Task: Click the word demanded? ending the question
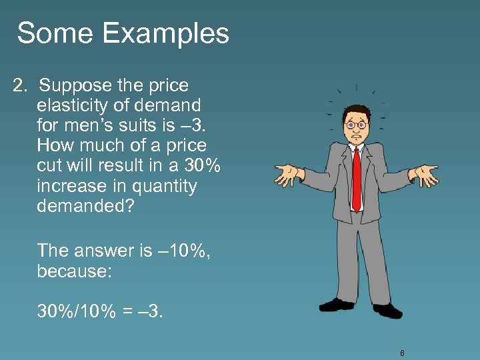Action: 85,206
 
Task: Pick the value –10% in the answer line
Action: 183,250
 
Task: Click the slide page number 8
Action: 403,353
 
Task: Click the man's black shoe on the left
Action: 337,305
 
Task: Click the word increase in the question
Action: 70,186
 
